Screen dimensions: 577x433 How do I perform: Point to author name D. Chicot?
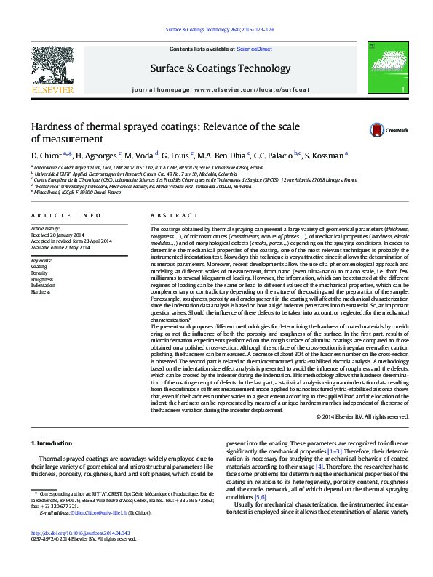point(45,156)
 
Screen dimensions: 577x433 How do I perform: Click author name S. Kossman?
point(325,156)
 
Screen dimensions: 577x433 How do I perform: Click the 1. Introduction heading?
point(52,443)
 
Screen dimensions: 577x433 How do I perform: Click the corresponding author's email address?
point(94,533)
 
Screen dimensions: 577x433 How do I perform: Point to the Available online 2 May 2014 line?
point(60,247)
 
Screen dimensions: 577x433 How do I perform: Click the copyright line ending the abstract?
point(362,416)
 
